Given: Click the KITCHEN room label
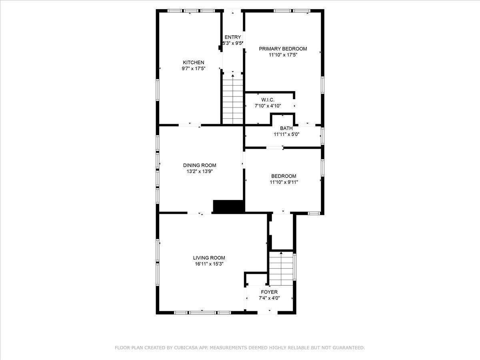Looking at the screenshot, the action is coord(194,62).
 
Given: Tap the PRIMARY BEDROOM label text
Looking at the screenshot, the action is coord(283,49).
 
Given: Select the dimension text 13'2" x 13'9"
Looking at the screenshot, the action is coord(200,171).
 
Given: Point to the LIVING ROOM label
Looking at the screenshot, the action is coord(209,258).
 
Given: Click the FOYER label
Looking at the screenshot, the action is coord(269,292).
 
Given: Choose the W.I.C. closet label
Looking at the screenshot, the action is coord(268,100).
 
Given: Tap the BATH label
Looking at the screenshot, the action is coord(286,128).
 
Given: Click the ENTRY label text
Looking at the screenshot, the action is coord(233,37).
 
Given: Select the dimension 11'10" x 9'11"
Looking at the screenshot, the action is coord(284,182).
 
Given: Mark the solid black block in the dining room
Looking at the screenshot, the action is coord(228,206).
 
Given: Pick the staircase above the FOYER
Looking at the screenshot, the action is coord(281,268).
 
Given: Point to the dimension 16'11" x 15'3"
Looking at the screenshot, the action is coord(209,264).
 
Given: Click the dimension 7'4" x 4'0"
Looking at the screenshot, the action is coord(269,298).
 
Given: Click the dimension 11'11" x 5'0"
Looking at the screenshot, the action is coord(286,134).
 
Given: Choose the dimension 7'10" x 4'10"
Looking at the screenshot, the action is coord(268,106).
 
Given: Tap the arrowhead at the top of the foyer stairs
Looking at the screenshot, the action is coord(281,253).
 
